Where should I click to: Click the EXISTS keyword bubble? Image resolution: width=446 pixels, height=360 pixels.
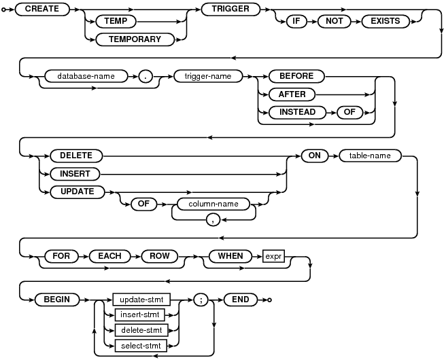coord(385,21)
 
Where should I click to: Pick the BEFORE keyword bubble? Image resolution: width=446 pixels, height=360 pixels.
coord(296,77)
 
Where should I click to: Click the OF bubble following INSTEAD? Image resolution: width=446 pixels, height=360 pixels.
coord(349,112)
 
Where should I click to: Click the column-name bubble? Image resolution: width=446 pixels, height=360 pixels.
coord(213,202)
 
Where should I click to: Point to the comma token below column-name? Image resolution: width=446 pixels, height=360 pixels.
coord(213,219)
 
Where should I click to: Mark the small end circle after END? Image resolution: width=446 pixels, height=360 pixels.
coord(269,299)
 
